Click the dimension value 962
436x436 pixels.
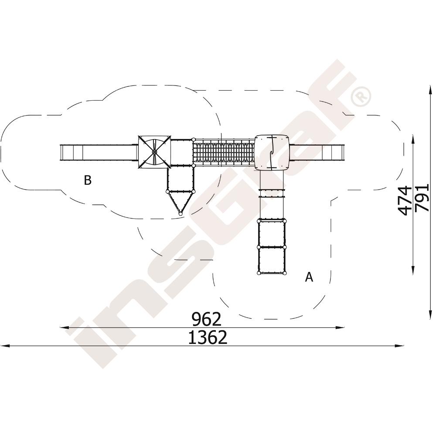tap(207, 319)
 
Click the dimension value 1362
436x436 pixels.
tap(208, 337)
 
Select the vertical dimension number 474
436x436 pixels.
tap(405, 201)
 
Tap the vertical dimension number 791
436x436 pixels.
tap(422, 198)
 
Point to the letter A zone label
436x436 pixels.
tap(309, 277)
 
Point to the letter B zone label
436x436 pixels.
tap(88, 180)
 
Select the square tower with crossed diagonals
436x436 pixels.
tap(154, 152)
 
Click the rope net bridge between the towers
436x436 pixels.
tap(224, 152)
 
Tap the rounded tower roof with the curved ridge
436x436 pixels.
tap(272, 152)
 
